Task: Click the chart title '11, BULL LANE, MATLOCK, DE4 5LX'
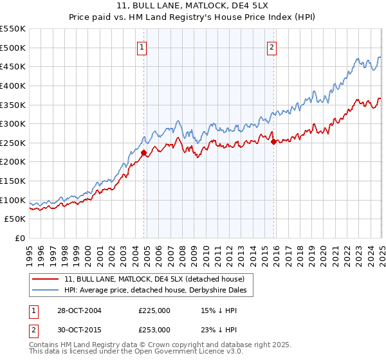[x=193, y=6]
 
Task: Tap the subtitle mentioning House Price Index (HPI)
[x=193, y=17]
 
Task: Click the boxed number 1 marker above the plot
[x=141, y=46]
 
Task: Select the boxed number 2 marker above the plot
[x=272, y=46]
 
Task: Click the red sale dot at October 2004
[x=144, y=152]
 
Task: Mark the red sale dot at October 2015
[x=274, y=141]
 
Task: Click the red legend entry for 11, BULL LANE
[x=154, y=280]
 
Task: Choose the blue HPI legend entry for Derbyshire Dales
[x=159, y=291]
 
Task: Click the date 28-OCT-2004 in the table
[x=80, y=310]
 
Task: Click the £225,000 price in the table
[x=154, y=310]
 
